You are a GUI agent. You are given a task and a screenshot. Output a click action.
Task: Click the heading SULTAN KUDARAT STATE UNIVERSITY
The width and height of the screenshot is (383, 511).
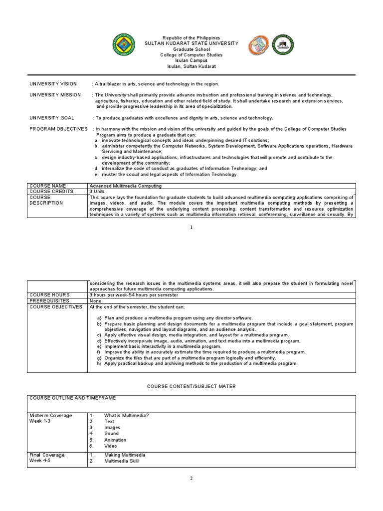[191, 43]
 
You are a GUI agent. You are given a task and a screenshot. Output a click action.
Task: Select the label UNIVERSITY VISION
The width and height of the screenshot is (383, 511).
[53, 84]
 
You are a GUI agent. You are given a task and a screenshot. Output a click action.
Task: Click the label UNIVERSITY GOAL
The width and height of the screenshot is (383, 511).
[52, 118]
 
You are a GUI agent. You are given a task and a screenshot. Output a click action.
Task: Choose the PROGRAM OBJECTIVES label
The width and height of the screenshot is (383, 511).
[59, 129]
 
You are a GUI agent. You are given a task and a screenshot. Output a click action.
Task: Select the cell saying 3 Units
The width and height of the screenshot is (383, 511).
[98, 191]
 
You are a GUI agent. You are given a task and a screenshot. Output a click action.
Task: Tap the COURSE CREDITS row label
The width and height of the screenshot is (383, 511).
[51, 191]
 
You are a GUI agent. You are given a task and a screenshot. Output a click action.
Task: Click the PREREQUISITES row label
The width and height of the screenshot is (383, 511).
[51, 301]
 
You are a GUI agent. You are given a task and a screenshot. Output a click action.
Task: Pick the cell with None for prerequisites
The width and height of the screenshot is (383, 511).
[95, 301]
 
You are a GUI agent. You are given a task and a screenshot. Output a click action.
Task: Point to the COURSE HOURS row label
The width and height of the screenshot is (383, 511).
[49, 295]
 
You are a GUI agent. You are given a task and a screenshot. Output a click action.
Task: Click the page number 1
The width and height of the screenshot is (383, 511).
[191, 227]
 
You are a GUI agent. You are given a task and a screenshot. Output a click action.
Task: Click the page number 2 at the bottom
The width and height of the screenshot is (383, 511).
[191, 479]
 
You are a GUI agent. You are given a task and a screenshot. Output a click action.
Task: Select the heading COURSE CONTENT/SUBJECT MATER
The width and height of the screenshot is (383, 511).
[191, 386]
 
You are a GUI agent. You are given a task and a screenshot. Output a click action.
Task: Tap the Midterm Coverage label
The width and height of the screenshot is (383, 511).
[51, 416]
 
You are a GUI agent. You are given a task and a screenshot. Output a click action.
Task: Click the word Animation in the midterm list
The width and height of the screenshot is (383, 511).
[115, 440]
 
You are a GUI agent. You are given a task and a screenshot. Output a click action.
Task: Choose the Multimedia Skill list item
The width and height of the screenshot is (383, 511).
[122, 461]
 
